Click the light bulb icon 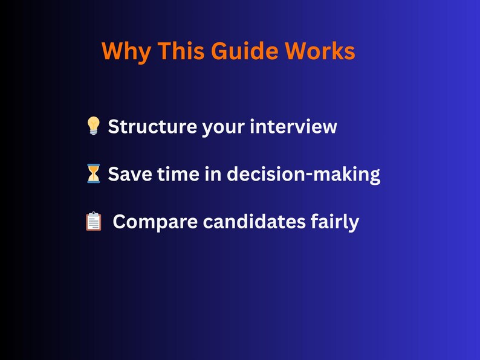click(93, 126)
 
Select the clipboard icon click(94, 222)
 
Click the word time click(173, 175)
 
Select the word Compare click(155, 222)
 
